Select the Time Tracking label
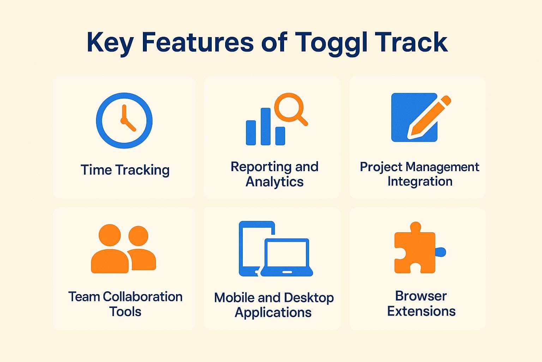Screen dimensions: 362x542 tap(125, 170)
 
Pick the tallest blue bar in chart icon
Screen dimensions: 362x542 tap(265, 127)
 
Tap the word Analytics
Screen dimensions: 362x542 tap(274, 182)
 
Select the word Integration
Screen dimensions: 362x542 tap(420, 181)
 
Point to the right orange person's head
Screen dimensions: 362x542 tap(138, 236)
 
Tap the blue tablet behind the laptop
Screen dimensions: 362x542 tap(251, 247)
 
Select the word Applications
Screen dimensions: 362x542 tap(273, 313)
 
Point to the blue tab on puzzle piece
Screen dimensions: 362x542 tap(441, 252)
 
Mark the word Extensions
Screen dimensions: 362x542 tap(421, 311)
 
